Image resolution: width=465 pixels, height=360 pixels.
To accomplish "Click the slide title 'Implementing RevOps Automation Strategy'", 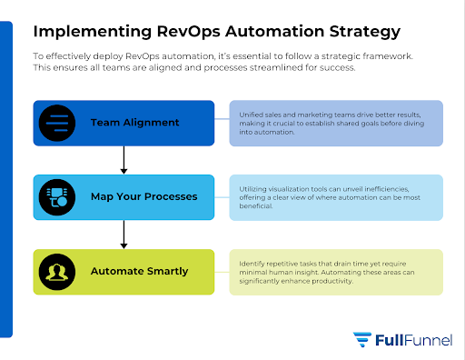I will point(216,32).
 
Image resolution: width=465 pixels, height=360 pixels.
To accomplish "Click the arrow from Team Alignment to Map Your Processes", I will point(124,160).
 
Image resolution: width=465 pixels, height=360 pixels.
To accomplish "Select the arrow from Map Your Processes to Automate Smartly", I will point(124,235).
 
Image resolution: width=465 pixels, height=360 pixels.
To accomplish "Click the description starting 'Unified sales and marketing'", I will point(335,123).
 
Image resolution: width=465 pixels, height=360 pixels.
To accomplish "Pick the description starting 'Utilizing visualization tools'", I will point(335,196).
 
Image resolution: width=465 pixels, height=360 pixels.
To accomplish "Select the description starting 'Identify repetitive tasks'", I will point(335,271).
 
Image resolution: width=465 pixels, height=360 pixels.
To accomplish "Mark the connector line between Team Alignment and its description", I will point(222,123).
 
